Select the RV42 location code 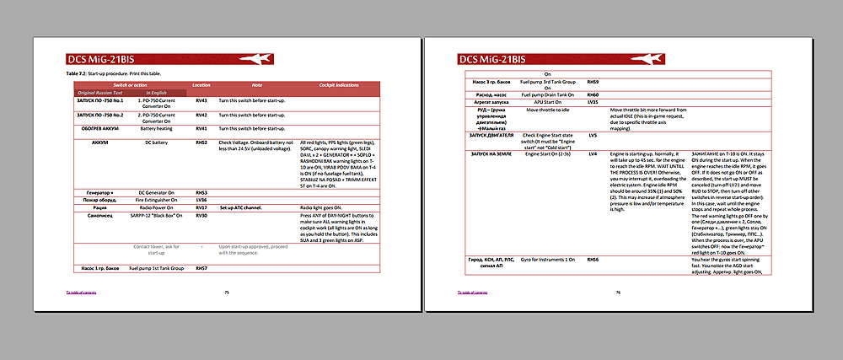click(x=201, y=115)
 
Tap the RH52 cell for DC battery click(x=201, y=143)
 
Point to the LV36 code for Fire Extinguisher click(x=201, y=199)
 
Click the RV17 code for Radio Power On click(x=201, y=207)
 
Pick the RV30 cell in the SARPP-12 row click(x=201, y=217)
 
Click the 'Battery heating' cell click(x=155, y=128)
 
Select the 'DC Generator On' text click(x=156, y=192)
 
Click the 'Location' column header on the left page click(x=201, y=85)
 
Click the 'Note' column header click(x=257, y=85)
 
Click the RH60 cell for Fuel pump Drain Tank click(x=593, y=95)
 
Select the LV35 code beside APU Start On click(x=593, y=103)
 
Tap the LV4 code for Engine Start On click(x=593, y=153)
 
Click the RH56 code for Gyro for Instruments click(x=593, y=259)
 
